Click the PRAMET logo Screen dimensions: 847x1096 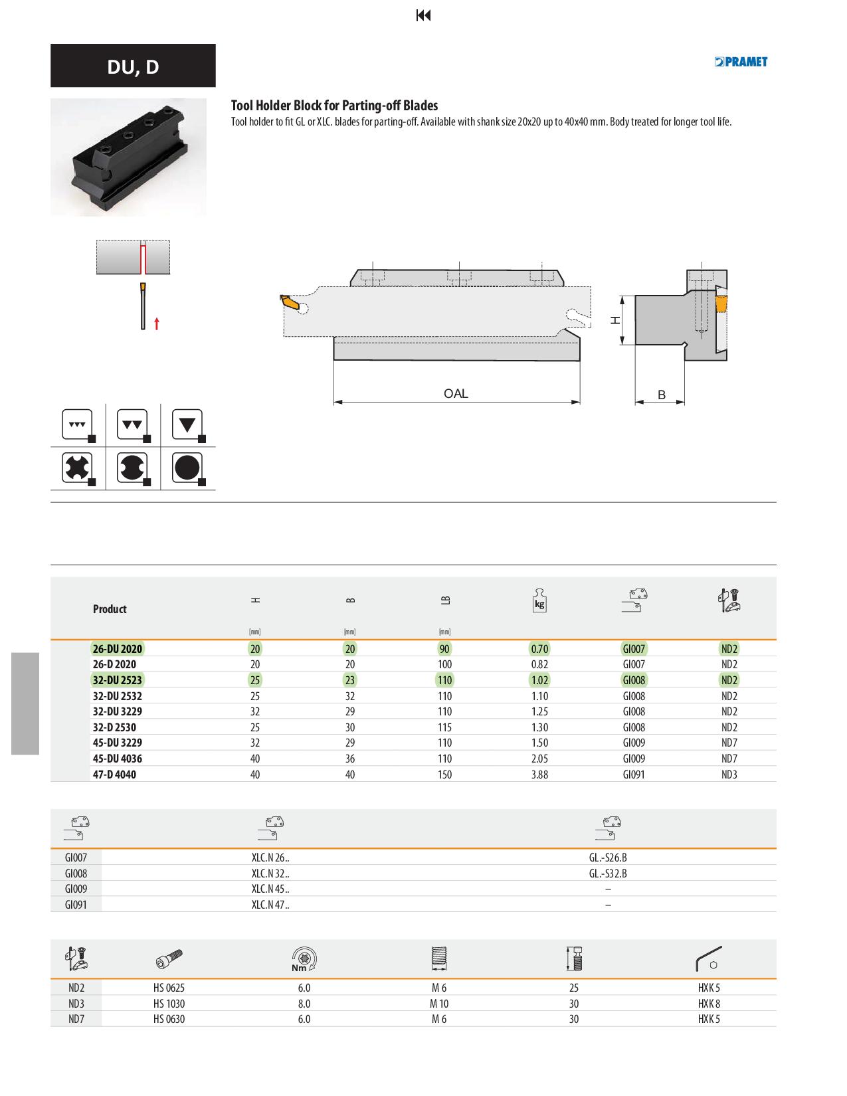click(741, 62)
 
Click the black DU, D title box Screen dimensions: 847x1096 click(133, 66)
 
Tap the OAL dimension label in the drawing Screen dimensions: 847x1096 click(456, 393)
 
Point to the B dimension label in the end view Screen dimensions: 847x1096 click(662, 395)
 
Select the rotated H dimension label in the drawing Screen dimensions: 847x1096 click(615, 320)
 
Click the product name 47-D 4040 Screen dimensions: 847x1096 click(114, 775)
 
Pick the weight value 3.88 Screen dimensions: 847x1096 click(539, 775)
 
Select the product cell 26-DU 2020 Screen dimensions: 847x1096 click(118, 648)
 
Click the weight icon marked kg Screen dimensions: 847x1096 click(539, 600)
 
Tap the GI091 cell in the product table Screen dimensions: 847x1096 click(634, 775)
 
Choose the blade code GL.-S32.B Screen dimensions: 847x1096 click(608, 873)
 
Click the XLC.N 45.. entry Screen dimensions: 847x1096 click(270, 889)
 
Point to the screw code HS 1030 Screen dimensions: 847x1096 click(169, 1004)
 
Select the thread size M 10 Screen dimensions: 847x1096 click(439, 1004)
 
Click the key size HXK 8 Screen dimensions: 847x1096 click(709, 1004)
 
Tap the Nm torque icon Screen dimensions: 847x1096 click(304, 959)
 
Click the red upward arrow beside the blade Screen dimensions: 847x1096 click(157, 323)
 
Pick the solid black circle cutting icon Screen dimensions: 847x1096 click(187, 468)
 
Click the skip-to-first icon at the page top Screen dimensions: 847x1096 click(423, 16)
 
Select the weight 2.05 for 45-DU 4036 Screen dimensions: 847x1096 click(539, 759)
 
